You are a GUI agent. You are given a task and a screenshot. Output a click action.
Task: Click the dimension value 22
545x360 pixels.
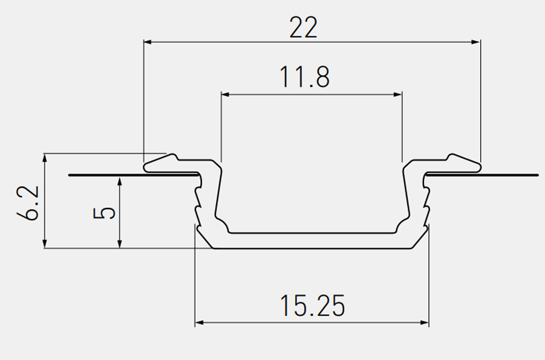303,27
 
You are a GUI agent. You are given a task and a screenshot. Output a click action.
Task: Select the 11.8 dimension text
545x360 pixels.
305,77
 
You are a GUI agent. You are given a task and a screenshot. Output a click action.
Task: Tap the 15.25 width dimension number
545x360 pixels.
313,306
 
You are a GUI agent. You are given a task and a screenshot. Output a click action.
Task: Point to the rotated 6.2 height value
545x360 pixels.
27,203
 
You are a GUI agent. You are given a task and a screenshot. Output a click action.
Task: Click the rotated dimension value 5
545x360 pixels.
104,213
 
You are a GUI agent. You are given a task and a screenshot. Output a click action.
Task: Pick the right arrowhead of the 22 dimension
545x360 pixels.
475,42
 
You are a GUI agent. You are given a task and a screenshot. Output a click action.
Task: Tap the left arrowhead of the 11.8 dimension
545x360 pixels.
225,94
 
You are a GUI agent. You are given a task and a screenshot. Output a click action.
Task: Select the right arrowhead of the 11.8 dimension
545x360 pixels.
398,94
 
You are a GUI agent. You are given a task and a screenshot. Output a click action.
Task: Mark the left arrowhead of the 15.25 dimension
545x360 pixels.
199,323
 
